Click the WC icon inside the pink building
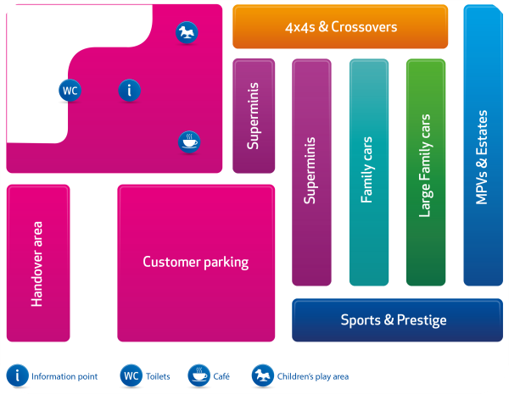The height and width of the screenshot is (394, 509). pos(70,89)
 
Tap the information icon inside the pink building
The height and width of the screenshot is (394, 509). pos(129,89)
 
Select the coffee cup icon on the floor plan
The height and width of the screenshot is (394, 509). pos(189,142)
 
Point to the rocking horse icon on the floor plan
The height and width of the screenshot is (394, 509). pos(187,33)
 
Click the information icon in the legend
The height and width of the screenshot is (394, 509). pos(18,375)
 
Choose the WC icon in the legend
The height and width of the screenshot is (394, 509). pos(131,375)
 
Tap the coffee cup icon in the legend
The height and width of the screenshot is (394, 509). pos(199,375)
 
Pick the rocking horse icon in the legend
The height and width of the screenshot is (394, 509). pos(263,375)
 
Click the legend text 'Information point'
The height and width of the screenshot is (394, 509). pos(64,376)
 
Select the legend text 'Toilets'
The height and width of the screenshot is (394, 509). pos(159,376)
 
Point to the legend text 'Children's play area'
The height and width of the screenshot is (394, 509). pos(313,376)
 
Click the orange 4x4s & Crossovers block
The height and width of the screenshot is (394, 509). pos(340,27)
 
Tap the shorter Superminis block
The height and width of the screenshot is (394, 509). pos(254,115)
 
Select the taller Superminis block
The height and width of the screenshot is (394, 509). pos(311,172)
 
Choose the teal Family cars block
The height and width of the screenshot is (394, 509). pos(368,172)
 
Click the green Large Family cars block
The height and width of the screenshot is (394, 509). pos(425,172)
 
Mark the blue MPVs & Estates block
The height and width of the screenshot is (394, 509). pos(483,146)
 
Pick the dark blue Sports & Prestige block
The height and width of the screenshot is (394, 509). pos(393,320)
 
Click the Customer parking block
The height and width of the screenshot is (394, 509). pos(196,263)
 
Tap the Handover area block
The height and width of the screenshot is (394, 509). pos(37,263)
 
